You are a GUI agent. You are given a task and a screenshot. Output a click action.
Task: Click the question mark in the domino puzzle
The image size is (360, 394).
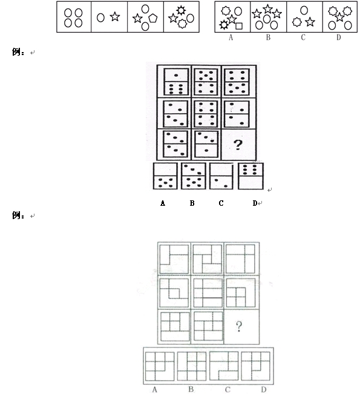[238, 145]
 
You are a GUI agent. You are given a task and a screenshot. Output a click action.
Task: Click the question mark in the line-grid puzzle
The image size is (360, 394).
[239, 326]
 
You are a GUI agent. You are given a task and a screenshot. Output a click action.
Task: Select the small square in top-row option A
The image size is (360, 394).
[239, 26]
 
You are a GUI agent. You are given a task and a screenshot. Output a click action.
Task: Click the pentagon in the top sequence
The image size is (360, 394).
[153, 18]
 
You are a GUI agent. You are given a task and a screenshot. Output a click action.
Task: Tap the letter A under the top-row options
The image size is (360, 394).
[231, 38]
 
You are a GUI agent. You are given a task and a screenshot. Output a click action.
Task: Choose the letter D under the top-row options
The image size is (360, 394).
[338, 38]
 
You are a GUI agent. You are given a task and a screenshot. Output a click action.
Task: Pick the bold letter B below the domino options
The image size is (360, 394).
[192, 203]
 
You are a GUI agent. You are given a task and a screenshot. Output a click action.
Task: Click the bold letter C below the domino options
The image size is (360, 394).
[221, 203]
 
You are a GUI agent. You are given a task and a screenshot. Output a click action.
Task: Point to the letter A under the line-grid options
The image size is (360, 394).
[154, 390]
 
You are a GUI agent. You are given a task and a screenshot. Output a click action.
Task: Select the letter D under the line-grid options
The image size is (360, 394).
[264, 390]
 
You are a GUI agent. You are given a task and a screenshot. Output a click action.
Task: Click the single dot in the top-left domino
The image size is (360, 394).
[176, 75]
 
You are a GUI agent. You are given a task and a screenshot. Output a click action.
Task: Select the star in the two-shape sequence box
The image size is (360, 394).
[115, 16]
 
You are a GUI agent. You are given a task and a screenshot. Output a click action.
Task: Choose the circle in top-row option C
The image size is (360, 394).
[304, 10]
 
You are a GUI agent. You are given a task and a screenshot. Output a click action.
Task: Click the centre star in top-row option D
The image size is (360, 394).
[339, 17]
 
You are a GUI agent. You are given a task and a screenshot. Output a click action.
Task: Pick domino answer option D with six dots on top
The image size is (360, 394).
[250, 176]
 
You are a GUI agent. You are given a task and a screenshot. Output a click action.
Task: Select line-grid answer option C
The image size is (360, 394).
[224, 366]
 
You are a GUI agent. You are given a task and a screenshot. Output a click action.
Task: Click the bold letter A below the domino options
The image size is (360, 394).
[163, 203]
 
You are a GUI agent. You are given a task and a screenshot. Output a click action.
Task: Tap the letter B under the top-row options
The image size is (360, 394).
[268, 38]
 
